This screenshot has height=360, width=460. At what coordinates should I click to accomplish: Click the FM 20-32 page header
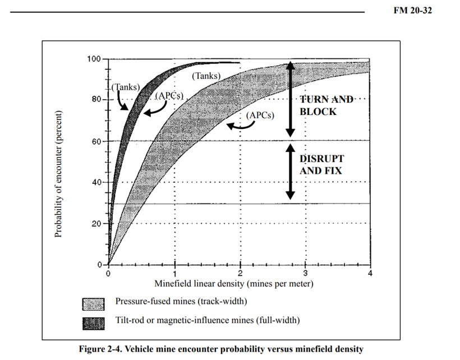pyautogui.click(x=412, y=11)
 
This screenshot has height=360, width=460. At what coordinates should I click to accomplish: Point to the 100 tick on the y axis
pyautogui.click(x=94, y=59)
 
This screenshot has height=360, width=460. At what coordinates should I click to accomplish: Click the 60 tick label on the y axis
pyautogui.click(x=96, y=142)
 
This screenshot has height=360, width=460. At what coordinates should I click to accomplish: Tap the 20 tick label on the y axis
pyautogui.click(x=96, y=224)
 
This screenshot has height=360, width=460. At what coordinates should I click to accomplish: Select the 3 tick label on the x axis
pyautogui.click(x=305, y=273)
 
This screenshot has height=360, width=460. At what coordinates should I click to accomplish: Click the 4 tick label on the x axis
pyautogui.click(x=370, y=273)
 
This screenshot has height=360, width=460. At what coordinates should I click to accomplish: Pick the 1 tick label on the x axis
pyautogui.click(x=175, y=274)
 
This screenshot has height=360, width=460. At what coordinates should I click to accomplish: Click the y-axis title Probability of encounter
pyautogui.click(x=58, y=174)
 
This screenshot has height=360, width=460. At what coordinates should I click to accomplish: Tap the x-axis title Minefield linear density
pyautogui.click(x=234, y=284)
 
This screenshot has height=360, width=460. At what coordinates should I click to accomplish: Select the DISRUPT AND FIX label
pyautogui.click(x=321, y=165)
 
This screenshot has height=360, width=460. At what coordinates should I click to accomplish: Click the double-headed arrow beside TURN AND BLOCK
pyautogui.click(x=291, y=99)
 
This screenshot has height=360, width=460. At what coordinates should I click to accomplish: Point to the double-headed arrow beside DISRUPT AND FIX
pyautogui.click(x=291, y=172)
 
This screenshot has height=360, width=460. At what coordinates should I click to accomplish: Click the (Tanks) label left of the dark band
pyautogui.click(x=126, y=87)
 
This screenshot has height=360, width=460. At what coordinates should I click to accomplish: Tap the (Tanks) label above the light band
pyautogui.click(x=206, y=76)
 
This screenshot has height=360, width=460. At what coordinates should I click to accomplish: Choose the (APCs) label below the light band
pyautogui.click(x=260, y=115)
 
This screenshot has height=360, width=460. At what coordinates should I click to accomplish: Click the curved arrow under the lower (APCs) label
pyautogui.click(x=241, y=127)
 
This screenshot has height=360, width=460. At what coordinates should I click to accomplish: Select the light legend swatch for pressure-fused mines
pyautogui.click(x=93, y=304)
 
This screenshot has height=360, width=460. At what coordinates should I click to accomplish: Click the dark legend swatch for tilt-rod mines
pyautogui.click(x=93, y=324)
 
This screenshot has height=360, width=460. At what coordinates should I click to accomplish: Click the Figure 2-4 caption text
pyautogui.click(x=221, y=349)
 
